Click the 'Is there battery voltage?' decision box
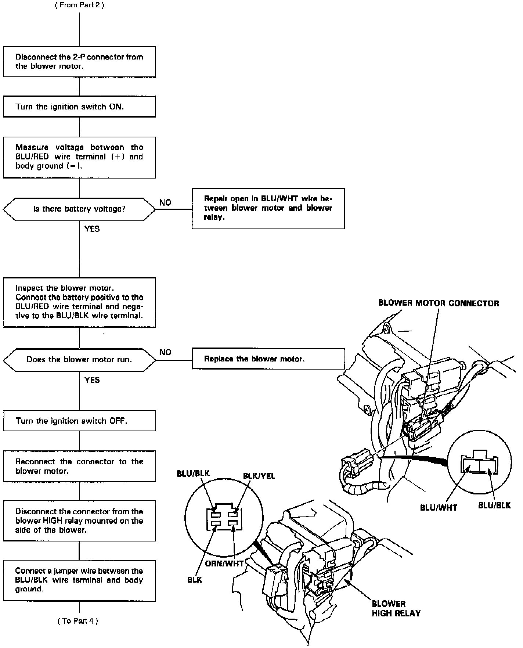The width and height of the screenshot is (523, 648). (79, 209)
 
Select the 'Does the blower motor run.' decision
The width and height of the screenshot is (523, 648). (79, 360)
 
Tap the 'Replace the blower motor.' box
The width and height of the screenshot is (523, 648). (268, 359)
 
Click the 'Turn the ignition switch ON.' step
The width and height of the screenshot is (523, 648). (79, 107)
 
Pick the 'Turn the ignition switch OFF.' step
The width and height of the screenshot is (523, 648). (79, 421)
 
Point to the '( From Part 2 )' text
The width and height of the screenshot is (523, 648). (79, 6)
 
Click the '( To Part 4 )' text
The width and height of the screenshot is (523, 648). (78, 621)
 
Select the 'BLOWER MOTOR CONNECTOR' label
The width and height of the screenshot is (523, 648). (439, 303)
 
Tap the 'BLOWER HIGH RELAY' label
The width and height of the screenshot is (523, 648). (396, 608)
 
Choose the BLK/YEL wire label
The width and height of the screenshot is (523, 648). (259, 476)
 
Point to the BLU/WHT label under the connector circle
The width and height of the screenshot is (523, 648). (439, 508)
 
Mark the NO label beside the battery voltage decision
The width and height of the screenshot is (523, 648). (165, 203)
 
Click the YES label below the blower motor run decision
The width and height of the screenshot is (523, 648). (92, 380)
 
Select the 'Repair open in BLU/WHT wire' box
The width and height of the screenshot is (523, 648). (268, 208)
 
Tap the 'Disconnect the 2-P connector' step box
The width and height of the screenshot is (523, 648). (79, 62)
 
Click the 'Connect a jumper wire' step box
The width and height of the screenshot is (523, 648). (79, 580)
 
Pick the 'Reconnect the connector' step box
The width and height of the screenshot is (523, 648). (79, 467)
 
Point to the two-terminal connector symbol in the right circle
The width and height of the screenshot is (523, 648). (480, 463)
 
